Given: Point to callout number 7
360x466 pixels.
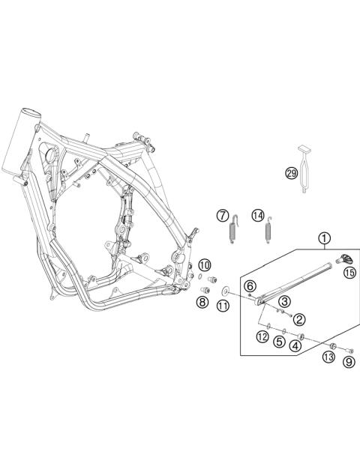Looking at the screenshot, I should pos(223,216).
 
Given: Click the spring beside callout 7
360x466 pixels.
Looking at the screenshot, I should pos(235,226).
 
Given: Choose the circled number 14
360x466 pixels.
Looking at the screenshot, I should pos(258,216).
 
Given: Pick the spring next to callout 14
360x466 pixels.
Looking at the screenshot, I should pos(268,226).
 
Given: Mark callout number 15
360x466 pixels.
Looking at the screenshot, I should pos(349,273).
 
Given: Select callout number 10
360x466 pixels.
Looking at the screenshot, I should pos(205,264).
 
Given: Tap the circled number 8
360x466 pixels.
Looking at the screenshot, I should pos(202,303).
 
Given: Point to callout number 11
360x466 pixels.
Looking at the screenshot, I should pos(223,306).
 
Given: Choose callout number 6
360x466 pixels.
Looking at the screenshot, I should pos(250,284).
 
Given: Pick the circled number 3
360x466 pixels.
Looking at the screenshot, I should pos(284,301).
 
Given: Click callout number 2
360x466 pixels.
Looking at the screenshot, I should pos(298,319).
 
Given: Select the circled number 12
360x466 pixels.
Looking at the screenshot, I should pos(262,338).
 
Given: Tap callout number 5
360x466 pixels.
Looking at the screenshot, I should pos(278,342).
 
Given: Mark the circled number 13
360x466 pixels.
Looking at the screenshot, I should pos(328,358).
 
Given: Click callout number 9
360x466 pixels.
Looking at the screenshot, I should pos(348,363).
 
